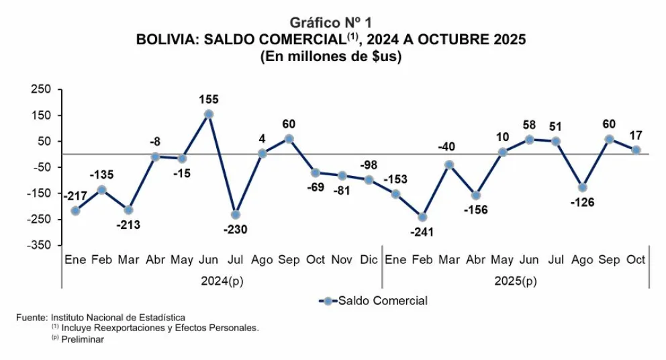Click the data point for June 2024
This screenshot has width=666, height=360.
click(209, 114)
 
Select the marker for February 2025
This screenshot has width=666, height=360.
click(422, 217)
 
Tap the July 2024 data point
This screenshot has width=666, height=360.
click(236, 215)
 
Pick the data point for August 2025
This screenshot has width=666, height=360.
click(583, 187)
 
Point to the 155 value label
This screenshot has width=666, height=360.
click(209, 99)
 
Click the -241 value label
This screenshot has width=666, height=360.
click(422, 232)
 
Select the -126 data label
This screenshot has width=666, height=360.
click(582, 202)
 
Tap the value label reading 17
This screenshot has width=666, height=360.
click(635, 135)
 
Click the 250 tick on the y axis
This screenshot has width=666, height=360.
click(41, 90)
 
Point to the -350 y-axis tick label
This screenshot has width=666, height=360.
click(39, 246)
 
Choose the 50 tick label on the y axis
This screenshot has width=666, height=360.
click(44, 142)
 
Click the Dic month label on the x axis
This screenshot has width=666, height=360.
click(369, 260)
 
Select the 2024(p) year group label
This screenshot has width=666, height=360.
click(222, 281)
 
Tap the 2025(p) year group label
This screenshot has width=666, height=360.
click(516, 281)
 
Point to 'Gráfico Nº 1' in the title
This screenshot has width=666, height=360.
click(330, 23)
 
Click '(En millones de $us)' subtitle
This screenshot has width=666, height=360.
click(330, 57)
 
